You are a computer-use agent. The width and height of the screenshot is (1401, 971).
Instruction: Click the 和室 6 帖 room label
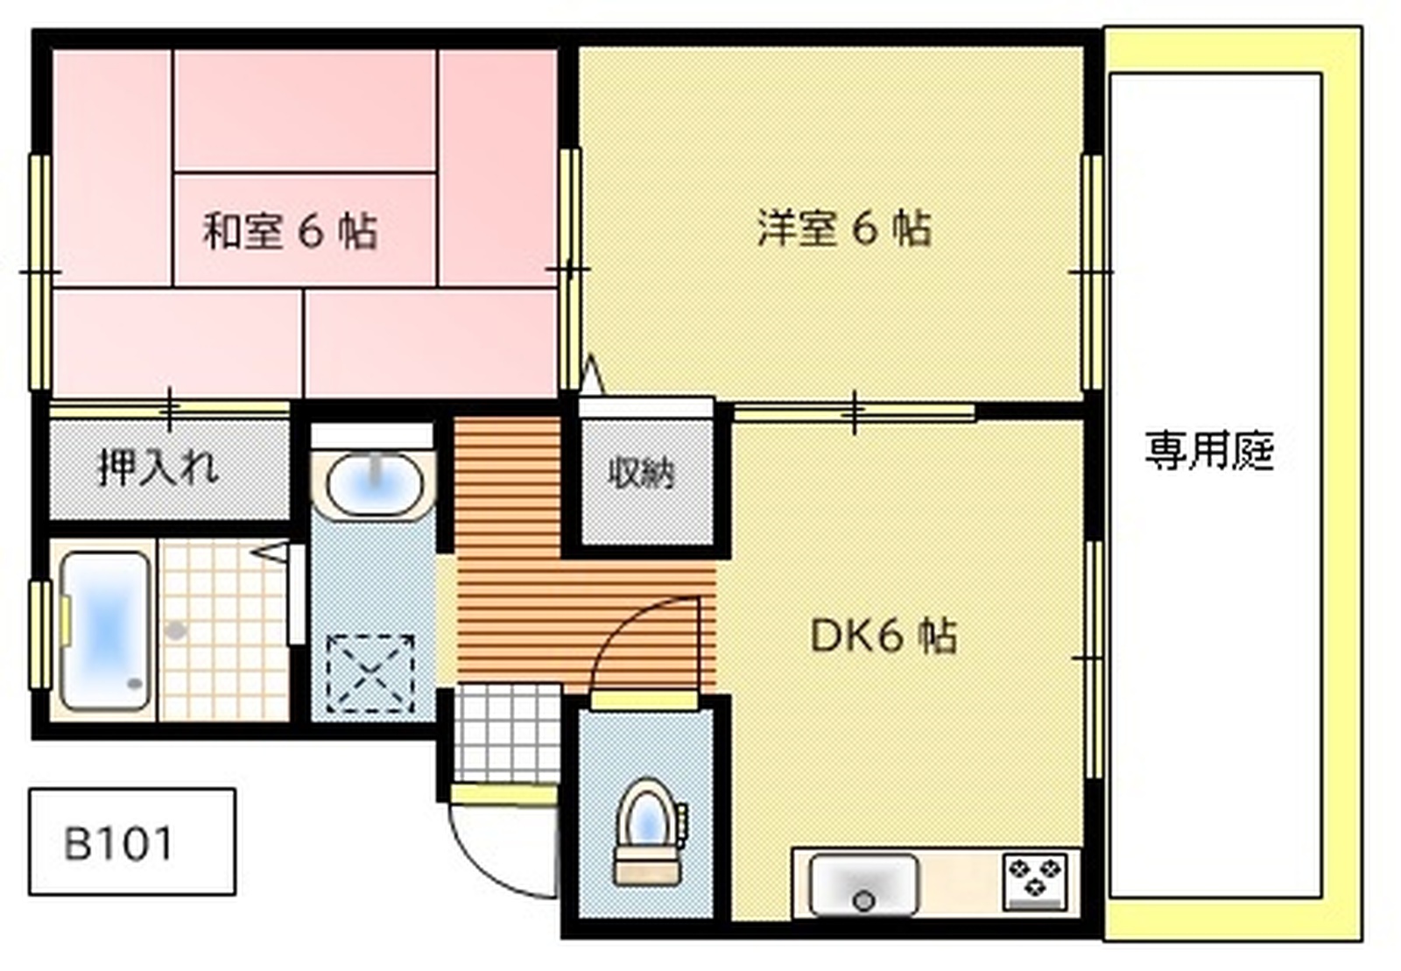290,233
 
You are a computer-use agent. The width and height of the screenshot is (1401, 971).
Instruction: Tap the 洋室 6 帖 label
844,229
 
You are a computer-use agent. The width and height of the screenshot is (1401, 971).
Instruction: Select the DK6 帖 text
884,637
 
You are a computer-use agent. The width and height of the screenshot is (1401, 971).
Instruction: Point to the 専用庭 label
1209,451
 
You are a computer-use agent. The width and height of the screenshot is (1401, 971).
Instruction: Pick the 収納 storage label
642,474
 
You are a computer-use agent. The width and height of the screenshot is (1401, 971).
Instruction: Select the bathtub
106,631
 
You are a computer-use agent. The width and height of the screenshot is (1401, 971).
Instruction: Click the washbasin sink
374,484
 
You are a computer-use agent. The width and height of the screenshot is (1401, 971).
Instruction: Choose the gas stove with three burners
1035,882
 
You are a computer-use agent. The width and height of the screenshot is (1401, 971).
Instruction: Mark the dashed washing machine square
371,674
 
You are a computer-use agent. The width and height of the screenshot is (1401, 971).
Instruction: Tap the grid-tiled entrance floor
507,734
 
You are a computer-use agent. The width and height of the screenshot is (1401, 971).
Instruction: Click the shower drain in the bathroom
176,630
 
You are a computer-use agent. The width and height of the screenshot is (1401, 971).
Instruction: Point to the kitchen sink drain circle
864,901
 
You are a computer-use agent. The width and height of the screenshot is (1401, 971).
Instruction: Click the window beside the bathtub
41,636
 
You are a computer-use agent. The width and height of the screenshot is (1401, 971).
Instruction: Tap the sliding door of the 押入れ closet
169,410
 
